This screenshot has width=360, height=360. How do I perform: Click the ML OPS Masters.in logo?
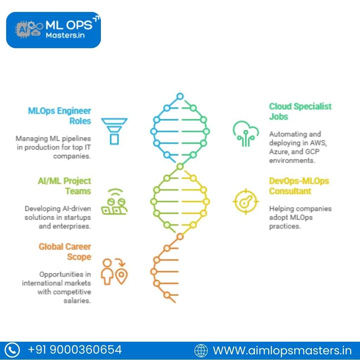click(53, 30)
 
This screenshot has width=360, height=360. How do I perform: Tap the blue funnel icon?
click(114, 131)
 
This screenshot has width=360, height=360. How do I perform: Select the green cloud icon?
click(246, 134)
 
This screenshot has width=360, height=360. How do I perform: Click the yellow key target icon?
click(246, 201)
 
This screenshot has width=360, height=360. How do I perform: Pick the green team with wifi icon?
click(114, 202)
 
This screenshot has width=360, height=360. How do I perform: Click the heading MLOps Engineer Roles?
click(60, 116)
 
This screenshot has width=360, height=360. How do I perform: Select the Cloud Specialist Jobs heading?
click(300, 111)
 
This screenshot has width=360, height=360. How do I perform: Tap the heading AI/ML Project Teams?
click(65, 186)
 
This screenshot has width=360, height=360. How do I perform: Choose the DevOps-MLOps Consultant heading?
click(299, 186)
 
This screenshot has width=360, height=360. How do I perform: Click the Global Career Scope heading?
click(65, 252)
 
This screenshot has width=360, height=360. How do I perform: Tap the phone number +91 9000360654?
click(75, 350)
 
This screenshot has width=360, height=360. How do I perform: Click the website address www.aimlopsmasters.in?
click(282, 351)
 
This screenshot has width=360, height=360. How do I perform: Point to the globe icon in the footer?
click(201, 351)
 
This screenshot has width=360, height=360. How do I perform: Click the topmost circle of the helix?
click(180, 96)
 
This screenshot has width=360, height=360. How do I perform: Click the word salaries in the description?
click(77, 301)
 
